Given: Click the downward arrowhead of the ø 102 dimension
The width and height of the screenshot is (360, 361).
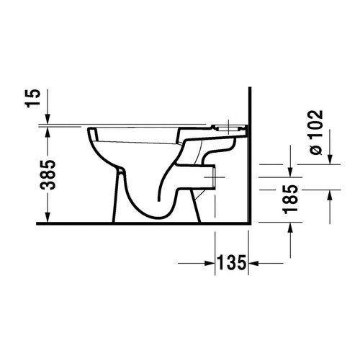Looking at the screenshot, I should pos(330,159).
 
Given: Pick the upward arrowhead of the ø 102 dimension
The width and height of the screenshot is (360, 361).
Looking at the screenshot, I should pos(330,195).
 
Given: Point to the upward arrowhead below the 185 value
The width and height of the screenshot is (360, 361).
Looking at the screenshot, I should pos(290,227).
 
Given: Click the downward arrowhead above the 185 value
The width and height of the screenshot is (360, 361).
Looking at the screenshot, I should pos(290,171).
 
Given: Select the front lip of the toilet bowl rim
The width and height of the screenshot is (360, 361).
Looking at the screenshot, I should pos(93,133).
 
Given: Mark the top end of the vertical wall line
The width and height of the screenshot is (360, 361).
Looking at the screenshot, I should pos(248,89).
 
